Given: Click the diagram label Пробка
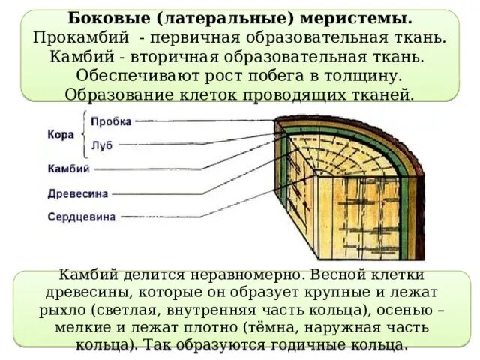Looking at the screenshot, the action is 111,121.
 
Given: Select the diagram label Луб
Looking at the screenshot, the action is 102,145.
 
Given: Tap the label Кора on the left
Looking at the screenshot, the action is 60,134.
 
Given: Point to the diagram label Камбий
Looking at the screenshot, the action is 68,169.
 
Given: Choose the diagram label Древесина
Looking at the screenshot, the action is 78,193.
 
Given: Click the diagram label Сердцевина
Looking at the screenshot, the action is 81,217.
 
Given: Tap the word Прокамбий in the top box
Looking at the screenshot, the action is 85,37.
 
